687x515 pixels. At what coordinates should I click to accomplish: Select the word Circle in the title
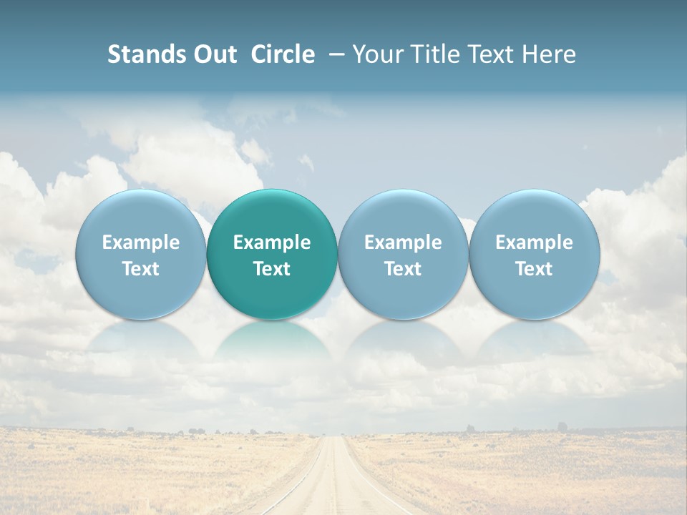point(283,54)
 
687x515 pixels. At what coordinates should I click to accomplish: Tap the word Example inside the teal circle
point(272,242)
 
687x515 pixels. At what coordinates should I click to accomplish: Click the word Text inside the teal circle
point(272,269)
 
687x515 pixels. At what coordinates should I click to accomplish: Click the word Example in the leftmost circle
point(141,242)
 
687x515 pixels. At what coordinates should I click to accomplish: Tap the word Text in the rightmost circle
point(534,269)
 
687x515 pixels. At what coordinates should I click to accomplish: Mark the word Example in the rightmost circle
point(534,242)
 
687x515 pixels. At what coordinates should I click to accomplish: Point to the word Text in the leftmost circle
point(141,269)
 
